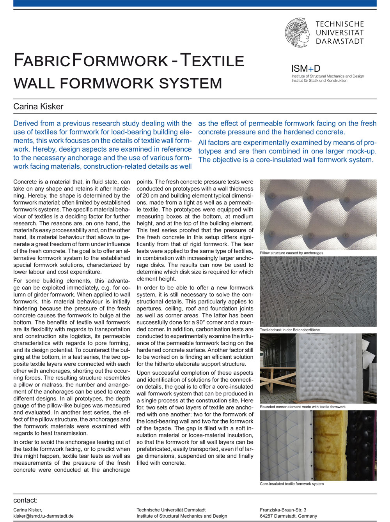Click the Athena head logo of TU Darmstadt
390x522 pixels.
click(x=297, y=32)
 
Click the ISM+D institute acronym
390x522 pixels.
click(x=306, y=69)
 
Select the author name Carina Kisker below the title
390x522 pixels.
click(x=38, y=106)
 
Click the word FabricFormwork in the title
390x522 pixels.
click(x=91, y=61)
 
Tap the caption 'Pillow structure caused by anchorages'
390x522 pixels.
click(x=291, y=253)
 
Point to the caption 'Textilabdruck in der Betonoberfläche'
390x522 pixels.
click(x=290, y=330)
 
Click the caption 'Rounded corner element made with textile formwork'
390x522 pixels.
click(x=303, y=407)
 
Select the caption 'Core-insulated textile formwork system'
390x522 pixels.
click(x=292, y=484)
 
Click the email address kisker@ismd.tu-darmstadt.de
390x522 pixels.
click(x=43, y=516)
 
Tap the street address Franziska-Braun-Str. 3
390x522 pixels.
click(x=283, y=510)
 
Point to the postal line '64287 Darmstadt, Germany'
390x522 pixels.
click(x=288, y=516)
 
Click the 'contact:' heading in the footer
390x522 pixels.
click(x=25, y=501)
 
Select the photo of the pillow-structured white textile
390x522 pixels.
click(x=318, y=214)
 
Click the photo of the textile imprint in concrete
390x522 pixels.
click(x=318, y=291)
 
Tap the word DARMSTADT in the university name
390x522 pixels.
click(x=340, y=41)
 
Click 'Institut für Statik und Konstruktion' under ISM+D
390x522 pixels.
click(x=319, y=81)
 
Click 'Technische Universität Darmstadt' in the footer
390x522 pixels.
click(x=171, y=510)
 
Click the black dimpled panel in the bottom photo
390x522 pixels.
click(x=362, y=444)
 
